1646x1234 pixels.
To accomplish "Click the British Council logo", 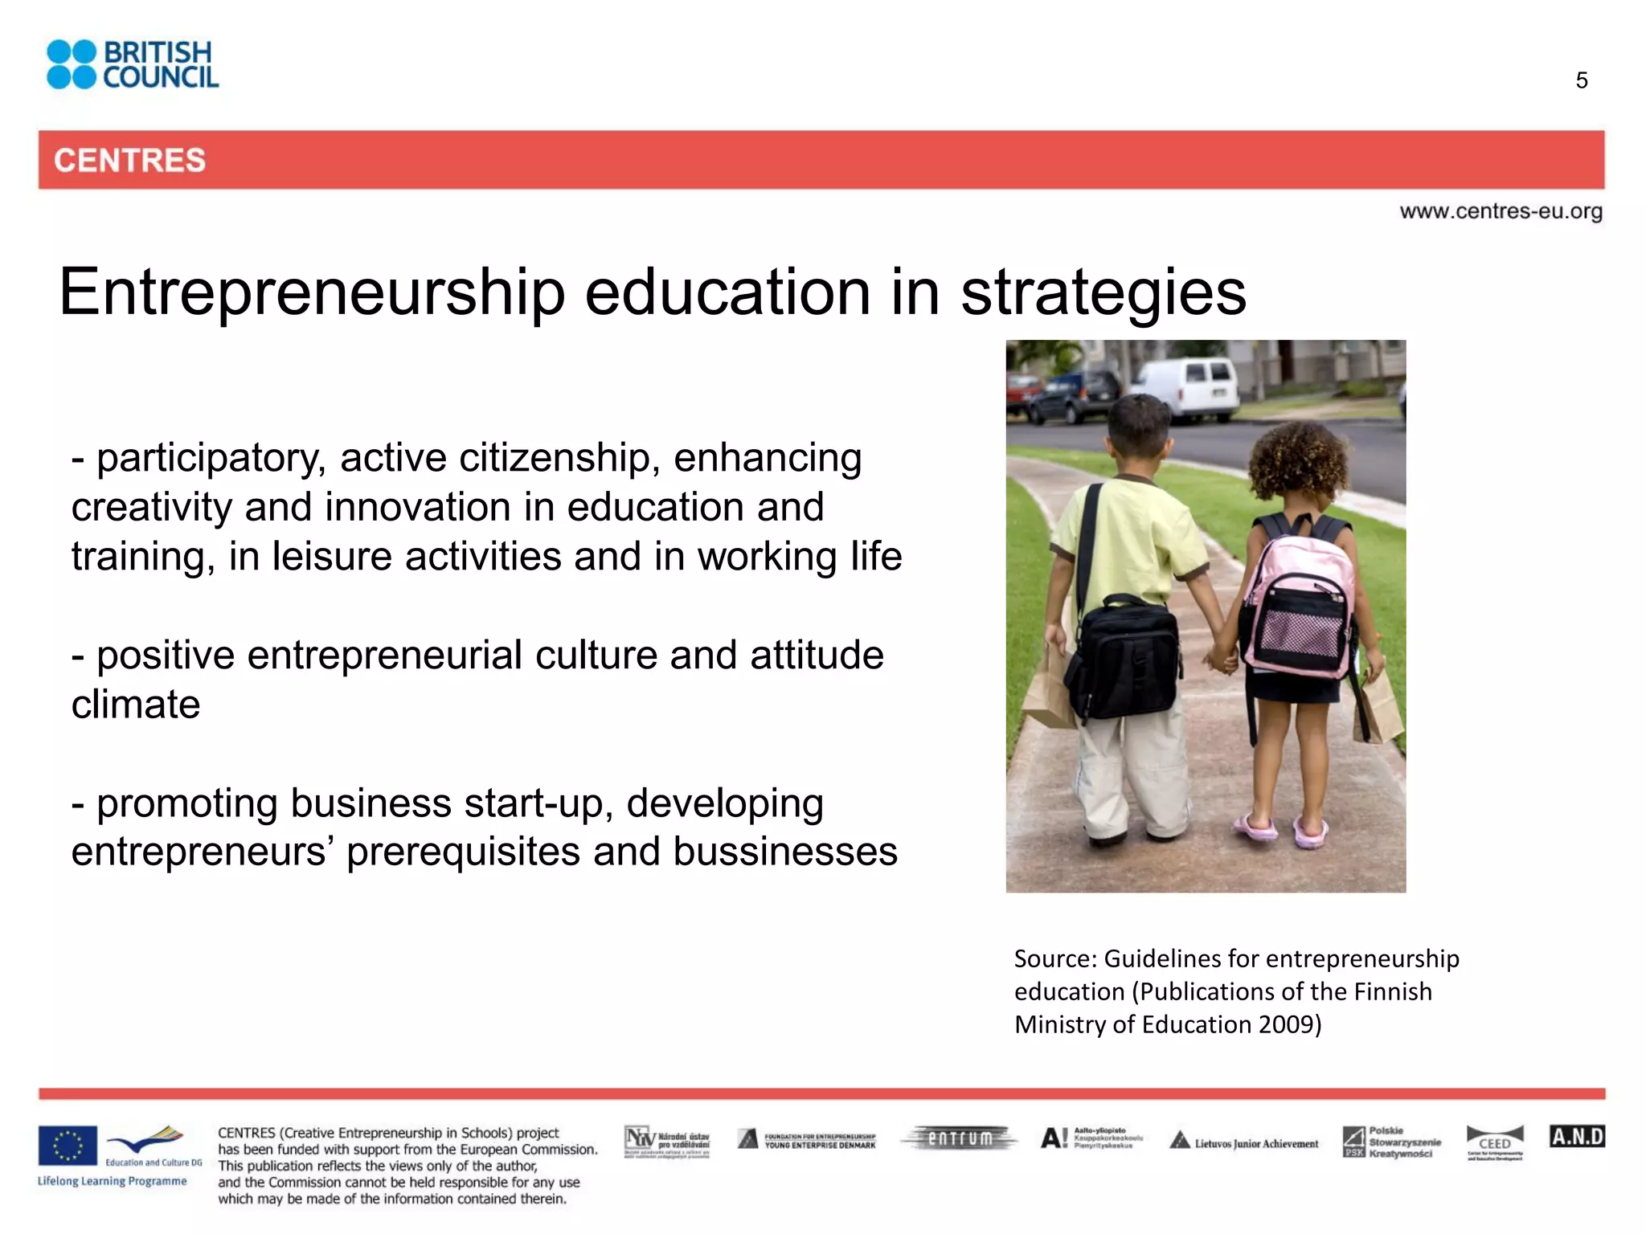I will pos(133,64).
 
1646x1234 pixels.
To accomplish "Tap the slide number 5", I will pos(1582,80).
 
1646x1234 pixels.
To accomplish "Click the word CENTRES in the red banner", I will pos(129,161).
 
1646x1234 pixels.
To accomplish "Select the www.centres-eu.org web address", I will pos(1501,211).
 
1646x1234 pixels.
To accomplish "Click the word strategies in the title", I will pos(1103,292).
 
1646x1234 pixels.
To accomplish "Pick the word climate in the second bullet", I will pos(136,705).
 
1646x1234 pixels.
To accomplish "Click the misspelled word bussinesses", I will pos(785,852).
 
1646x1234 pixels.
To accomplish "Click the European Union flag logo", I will pos(68,1146).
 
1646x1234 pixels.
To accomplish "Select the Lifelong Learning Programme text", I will pos(112,1181).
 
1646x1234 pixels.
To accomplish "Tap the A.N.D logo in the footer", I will pos(1577,1137).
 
